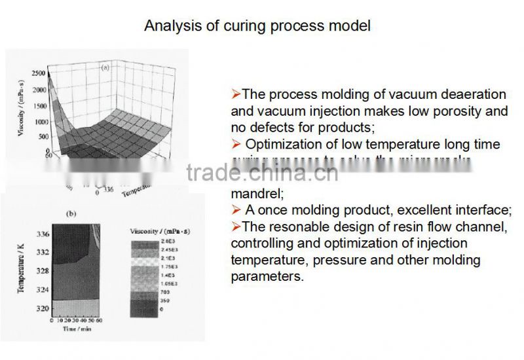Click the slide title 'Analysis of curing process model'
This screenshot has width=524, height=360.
257,26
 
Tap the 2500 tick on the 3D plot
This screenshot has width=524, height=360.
37,73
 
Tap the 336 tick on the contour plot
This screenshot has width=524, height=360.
43,234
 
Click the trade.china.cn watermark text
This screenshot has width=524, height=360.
262,173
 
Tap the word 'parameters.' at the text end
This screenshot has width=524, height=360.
267,277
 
